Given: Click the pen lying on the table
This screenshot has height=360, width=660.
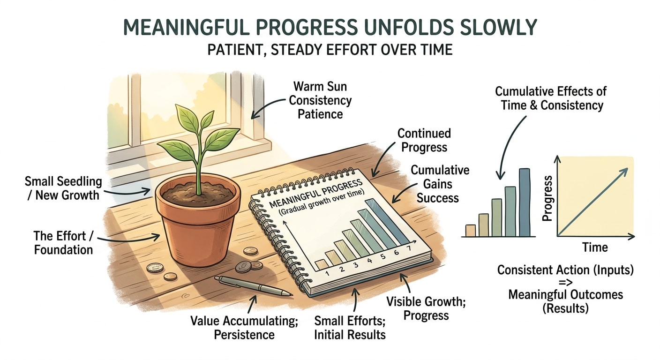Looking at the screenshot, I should tap(253, 285).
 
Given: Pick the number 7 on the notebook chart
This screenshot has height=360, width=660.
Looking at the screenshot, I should tap(409, 248).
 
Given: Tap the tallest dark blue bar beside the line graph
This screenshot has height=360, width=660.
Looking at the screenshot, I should tap(525, 202).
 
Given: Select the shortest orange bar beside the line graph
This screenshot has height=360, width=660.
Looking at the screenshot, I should tap(470, 230).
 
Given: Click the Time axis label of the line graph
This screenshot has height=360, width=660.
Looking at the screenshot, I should tap(595, 247).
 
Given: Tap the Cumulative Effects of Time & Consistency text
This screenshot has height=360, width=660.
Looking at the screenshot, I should tap(549, 98).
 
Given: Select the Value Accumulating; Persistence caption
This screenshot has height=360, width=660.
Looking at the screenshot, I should tap(232, 328).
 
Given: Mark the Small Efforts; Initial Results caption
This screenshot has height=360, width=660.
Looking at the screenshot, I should tap(350, 328).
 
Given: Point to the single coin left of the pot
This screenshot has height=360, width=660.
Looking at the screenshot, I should tap(155, 268).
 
